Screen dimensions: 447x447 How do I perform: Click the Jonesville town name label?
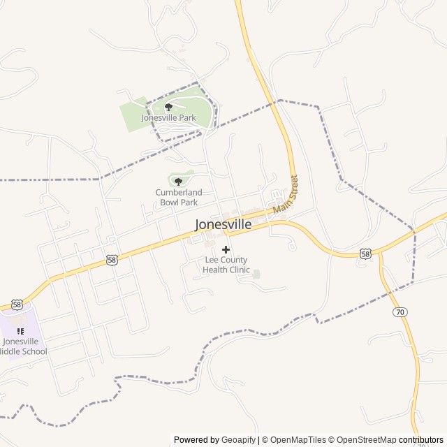(x=223, y=225)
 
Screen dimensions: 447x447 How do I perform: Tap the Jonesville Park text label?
(x=168, y=118)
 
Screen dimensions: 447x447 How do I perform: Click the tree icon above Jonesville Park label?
(x=168, y=107)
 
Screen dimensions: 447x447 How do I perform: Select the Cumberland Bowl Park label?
(x=178, y=197)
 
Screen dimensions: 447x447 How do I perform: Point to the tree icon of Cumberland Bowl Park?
(x=178, y=182)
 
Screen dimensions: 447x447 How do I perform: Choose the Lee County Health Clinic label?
(x=226, y=265)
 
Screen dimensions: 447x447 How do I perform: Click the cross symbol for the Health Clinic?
(x=226, y=249)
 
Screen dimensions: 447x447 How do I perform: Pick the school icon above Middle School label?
(x=20, y=330)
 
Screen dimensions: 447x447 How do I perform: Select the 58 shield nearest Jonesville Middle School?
(x=17, y=305)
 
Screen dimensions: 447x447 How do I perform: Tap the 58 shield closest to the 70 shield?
(x=365, y=254)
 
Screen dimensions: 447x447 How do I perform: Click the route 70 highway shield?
(x=399, y=311)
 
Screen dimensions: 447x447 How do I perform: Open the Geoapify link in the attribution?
(x=238, y=440)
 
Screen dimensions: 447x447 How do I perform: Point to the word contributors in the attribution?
(x=421, y=440)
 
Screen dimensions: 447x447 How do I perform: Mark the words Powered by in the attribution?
(x=196, y=440)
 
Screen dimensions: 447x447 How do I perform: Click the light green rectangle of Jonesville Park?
(x=133, y=117)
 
